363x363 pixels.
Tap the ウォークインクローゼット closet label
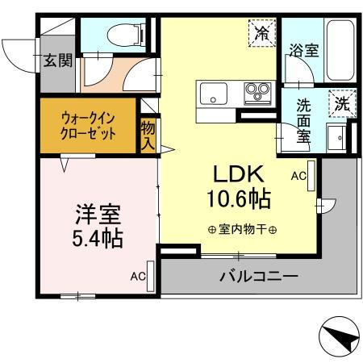tap(89, 126)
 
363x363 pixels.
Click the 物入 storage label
tap(148, 135)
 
